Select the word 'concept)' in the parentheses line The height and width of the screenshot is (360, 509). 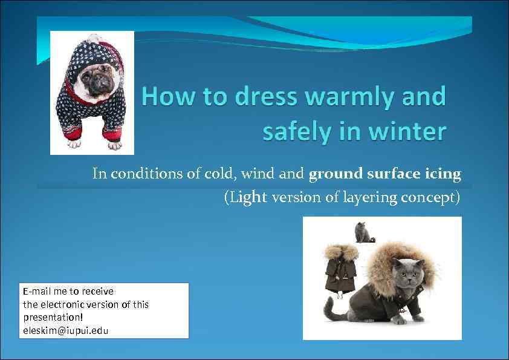pos(430,197)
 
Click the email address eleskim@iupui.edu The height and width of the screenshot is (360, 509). pos(66,330)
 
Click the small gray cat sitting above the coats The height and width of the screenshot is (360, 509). pos(362,232)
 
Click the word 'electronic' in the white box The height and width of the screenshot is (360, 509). pos(64,304)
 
